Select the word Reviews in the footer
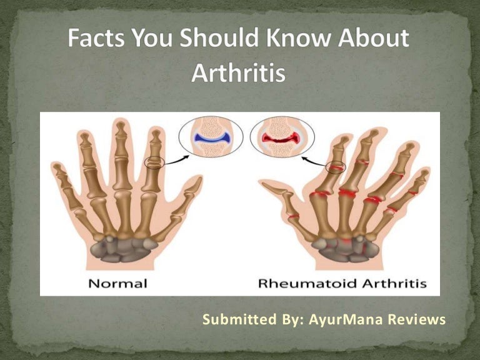[416, 320]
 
